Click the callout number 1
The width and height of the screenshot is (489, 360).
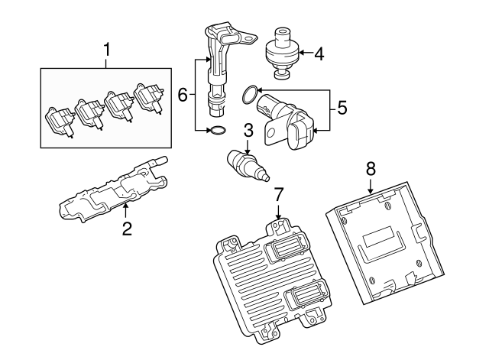tap(107, 51)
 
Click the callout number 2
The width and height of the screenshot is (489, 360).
tap(128, 228)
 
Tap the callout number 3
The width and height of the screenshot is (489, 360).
tap(248, 130)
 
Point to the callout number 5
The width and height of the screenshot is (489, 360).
tap(342, 108)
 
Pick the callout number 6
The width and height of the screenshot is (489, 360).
tap(183, 95)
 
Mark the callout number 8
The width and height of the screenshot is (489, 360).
tap(371, 166)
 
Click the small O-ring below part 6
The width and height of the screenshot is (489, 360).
tap(216, 131)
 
